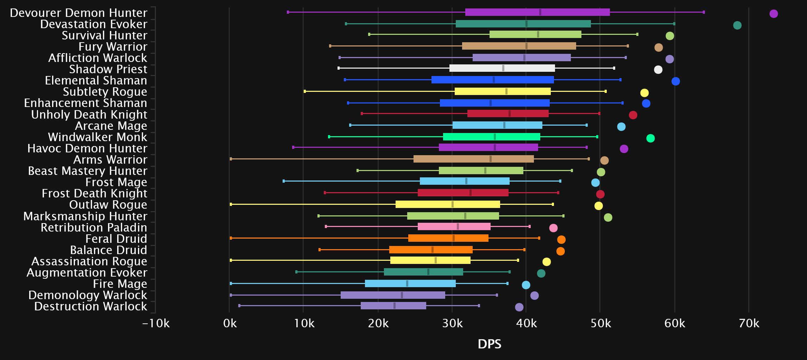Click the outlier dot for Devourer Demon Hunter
point(773,14)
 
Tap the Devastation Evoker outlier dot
point(737,25)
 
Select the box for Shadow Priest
point(502,68)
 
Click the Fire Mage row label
point(120,284)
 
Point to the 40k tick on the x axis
point(527,323)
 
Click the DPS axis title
point(489,344)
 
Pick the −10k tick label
point(156,323)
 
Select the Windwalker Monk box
point(491,137)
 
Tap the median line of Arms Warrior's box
point(490,159)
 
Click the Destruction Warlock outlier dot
point(519,307)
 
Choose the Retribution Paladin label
point(94,228)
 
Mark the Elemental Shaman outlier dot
point(675,81)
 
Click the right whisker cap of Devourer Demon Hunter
point(704,12)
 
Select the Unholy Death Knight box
point(507,114)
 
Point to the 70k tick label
point(749,323)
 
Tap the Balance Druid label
point(108,250)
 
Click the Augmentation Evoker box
point(423,272)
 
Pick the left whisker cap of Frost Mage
point(284,181)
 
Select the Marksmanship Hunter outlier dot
point(608,217)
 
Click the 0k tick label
point(230,323)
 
